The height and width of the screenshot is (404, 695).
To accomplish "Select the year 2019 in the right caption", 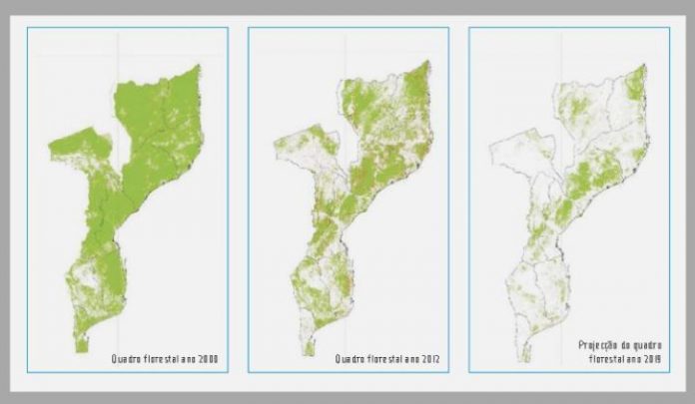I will (x=650, y=356).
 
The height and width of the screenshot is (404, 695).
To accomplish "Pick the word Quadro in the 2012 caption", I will (x=350, y=359).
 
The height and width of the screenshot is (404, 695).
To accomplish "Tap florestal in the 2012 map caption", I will (x=387, y=359).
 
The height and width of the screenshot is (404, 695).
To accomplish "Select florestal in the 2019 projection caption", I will (x=602, y=356).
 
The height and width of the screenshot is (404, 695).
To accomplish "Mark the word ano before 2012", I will (x=412, y=359).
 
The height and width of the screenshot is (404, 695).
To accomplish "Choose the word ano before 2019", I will (x=630, y=356).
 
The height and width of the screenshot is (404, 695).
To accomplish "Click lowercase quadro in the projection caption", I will (x=652, y=343).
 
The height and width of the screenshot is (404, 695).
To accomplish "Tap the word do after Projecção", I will (x=629, y=343).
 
